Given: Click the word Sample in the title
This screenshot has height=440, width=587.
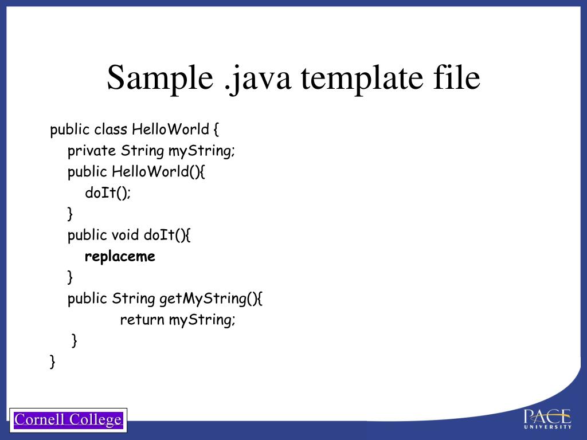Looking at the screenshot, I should (x=159, y=78).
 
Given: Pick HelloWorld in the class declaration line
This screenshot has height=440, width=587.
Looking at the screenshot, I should (x=170, y=129).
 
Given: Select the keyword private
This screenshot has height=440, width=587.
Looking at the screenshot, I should (x=92, y=151).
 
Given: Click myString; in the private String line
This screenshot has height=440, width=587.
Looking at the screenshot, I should (x=202, y=151).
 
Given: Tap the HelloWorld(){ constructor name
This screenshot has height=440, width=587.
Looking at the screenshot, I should (x=158, y=172).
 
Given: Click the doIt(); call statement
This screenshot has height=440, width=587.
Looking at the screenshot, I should (x=108, y=193).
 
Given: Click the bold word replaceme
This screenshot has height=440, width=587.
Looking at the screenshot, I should (x=120, y=256).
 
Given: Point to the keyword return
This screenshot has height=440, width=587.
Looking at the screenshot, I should (x=142, y=320).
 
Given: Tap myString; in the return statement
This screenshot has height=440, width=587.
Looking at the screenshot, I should (x=202, y=320).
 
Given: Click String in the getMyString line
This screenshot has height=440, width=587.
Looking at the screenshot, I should (x=134, y=298).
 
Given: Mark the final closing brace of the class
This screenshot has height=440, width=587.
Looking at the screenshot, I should (x=53, y=361).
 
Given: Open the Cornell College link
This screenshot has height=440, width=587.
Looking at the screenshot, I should (x=68, y=420).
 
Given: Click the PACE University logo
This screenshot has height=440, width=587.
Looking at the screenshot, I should (x=547, y=418).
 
